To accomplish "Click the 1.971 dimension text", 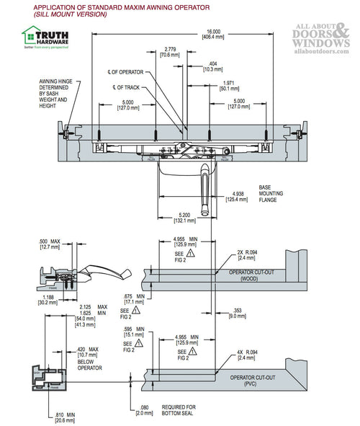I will [228, 85].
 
